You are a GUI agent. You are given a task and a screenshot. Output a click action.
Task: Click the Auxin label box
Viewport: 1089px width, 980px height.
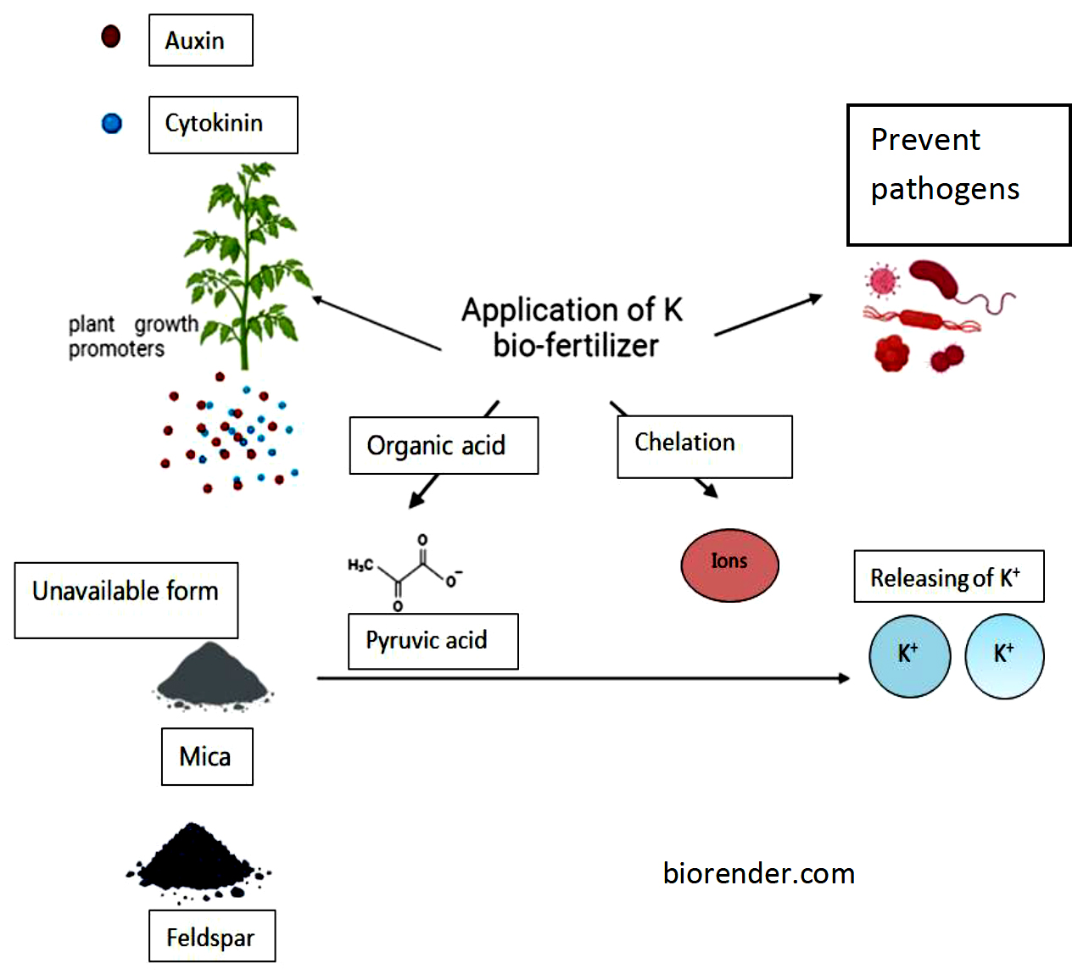200,40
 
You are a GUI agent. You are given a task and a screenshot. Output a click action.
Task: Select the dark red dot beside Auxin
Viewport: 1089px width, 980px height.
111,36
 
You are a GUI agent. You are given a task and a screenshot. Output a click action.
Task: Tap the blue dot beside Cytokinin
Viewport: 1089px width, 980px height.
112,124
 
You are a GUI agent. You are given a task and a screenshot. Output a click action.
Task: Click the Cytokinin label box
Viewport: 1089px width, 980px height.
223,125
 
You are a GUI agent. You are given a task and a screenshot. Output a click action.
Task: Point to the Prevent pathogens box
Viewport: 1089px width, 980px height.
958,175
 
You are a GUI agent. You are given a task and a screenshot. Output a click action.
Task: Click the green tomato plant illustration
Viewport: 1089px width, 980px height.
246,263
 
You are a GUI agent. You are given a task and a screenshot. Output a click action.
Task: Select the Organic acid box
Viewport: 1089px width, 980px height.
444,445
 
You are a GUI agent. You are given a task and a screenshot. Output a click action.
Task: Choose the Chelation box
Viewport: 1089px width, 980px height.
704,446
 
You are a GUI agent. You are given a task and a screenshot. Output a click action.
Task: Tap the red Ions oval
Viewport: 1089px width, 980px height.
729,565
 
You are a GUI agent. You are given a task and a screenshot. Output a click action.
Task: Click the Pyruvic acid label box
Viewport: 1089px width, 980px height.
433,641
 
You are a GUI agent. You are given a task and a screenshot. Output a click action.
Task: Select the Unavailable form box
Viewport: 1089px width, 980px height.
126,599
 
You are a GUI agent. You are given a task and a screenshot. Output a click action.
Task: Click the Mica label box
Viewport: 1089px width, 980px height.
207,756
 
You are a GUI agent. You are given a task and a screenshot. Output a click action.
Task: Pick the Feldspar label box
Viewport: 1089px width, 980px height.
212,936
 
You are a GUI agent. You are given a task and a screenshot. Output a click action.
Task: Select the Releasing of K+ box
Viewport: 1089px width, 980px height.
948,576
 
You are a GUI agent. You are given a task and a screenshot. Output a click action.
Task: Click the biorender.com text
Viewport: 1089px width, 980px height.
758,873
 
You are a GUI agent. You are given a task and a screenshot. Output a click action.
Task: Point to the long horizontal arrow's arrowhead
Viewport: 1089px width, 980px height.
843,678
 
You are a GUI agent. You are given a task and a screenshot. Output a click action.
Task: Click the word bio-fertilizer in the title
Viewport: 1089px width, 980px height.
576,346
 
